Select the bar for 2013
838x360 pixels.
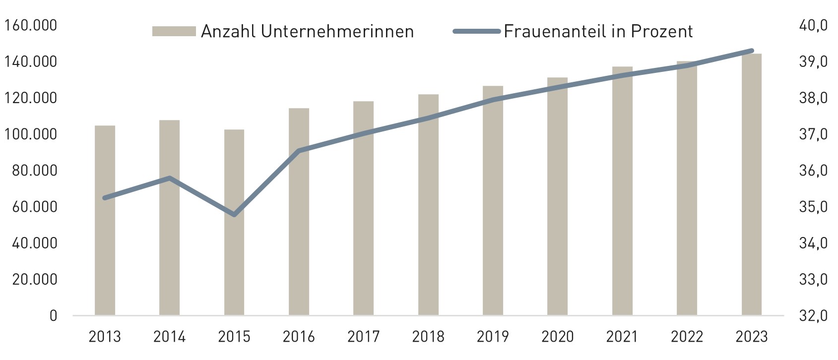105,221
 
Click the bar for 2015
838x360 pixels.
234,223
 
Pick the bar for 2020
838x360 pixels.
557,196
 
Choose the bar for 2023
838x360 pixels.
751,184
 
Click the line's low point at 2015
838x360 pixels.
234,215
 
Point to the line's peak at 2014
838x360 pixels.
169,178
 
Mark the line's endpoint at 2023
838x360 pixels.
751,51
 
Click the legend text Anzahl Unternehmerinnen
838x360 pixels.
307,31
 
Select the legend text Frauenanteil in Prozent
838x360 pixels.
598,31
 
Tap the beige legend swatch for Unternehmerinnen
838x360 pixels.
174,31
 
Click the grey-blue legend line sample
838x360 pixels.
476,31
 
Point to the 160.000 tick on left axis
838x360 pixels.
30,25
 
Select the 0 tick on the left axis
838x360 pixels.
53,316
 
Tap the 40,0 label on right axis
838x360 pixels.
813,25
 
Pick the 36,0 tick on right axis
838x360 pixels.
813,171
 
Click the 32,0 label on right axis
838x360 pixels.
813,316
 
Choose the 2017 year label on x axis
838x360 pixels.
363,337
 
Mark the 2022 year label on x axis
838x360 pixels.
687,337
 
